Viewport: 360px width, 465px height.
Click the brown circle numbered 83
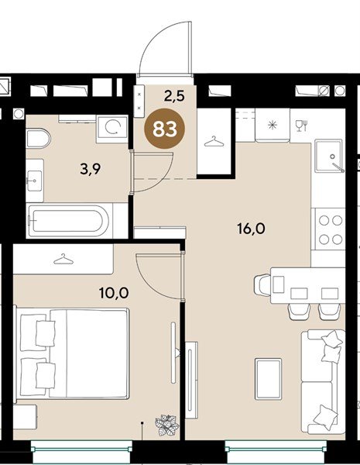pos(164,129)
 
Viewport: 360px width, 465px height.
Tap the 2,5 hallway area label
pos(174,96)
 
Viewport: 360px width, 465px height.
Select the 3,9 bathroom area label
pos(91,169)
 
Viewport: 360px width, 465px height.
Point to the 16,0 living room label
pos(252,229)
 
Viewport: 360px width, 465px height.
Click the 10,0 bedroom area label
pos(114,293)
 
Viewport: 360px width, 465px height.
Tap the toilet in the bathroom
pos(38,138)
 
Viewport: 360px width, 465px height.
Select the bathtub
pos(68,221)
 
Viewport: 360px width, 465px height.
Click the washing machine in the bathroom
pos(112,128)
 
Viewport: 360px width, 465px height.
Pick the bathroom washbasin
pos(35,181)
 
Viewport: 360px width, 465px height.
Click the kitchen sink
pos(330,156)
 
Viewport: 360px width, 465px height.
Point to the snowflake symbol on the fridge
pos(273,125)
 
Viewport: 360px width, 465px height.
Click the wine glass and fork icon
pos(302,126)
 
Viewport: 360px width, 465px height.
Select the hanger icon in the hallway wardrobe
pos(214,142)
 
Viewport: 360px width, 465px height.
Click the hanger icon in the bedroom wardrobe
pos(63,259)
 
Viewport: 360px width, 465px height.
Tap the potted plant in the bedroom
pos(166,425)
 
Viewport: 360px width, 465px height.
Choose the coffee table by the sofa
pos(269,379)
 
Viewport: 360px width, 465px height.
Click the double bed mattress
pos(89,353)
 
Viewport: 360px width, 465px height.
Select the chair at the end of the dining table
pos(262,285)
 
